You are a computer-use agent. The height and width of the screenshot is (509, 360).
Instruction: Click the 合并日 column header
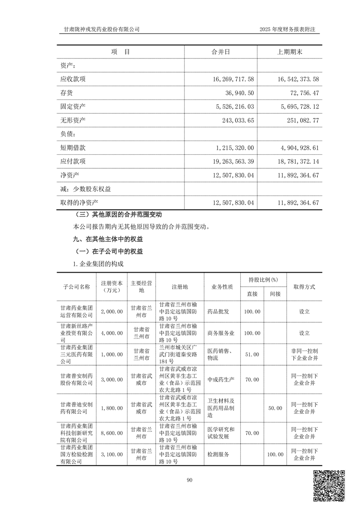[x=221, y=52]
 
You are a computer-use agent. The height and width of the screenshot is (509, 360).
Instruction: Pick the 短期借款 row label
[x=73, y=148]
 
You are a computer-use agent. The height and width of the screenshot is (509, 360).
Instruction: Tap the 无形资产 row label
[x=73, y=120]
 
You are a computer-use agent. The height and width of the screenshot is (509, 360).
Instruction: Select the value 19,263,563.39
[x=229, y=162]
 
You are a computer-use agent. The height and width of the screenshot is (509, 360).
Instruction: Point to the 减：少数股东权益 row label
[x=86, y=189]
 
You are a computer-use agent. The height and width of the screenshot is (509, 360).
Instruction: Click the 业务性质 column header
[x=222, y=287]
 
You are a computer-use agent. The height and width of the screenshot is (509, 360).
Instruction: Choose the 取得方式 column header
[x=304, y=287]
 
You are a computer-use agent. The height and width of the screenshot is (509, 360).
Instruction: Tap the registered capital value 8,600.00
[x=112, y=434]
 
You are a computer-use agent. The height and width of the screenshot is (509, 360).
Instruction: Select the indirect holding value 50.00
[x=275, y=408]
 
